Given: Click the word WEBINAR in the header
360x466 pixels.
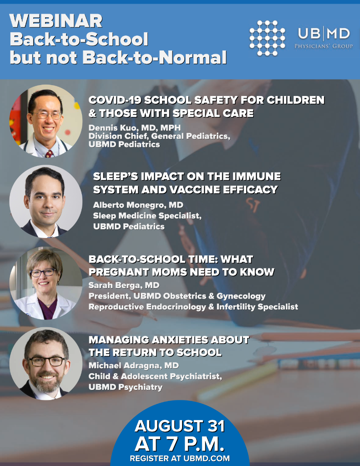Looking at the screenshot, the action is coord(56,21).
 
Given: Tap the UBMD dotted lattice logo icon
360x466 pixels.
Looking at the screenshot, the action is coord(267,38).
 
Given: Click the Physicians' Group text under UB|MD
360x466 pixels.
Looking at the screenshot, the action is coord(324,46).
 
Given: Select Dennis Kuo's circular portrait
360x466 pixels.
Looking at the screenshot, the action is coord(46,121).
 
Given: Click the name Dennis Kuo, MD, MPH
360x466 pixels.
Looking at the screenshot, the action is coord(134,128).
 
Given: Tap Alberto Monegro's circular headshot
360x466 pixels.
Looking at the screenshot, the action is coord(46,201).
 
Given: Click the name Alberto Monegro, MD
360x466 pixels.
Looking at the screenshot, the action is coord(138,205).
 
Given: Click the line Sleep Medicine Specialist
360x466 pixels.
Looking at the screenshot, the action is coord(147,216).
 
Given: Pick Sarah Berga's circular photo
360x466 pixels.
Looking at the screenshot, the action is coord(46,283).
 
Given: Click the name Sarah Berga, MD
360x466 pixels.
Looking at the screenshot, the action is coord(124,285).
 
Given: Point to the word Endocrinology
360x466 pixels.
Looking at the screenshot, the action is coord(176,307).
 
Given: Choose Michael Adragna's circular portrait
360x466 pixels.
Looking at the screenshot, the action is coord(46,364).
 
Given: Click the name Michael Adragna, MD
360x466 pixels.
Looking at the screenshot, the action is coord(134,365).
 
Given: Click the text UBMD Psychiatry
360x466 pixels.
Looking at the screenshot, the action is coord(126,387).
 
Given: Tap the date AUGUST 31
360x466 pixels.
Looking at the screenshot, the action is coord(180,426).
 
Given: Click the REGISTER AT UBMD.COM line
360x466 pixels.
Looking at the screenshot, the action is coord(180,458).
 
